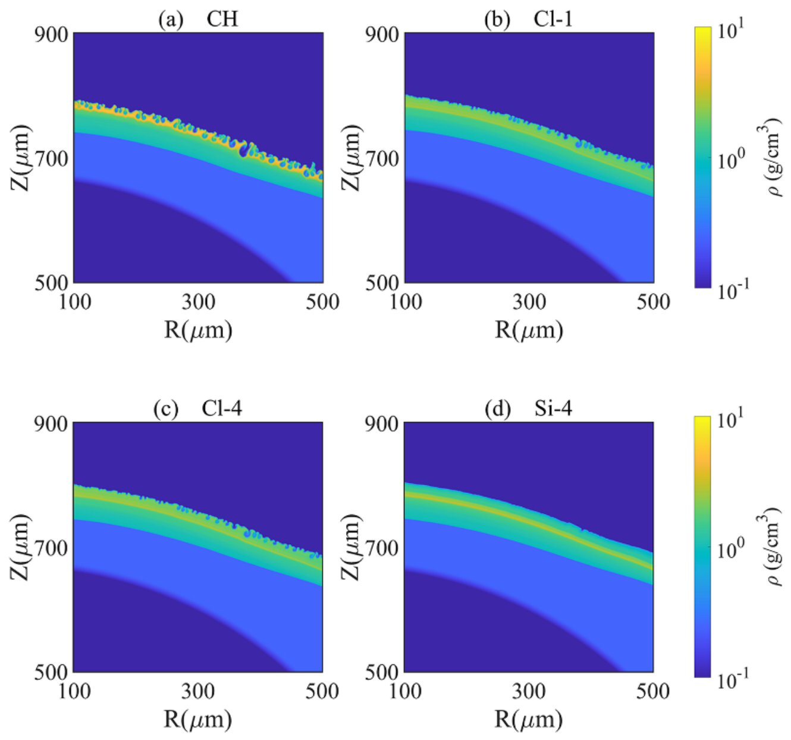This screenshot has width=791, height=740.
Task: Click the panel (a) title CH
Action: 222,19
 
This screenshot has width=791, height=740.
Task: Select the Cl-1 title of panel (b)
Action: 553,19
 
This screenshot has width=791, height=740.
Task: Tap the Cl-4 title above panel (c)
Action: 221,408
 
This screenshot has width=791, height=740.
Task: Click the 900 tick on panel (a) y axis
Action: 50,35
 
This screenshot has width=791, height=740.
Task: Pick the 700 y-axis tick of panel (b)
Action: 381,159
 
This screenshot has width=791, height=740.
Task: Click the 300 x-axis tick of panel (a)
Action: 198,302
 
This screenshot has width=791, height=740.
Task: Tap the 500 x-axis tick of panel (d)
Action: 653,691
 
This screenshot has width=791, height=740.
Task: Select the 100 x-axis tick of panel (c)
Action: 74,691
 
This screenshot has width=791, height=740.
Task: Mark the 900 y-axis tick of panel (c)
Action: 50,424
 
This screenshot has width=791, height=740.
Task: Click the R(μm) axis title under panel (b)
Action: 529,329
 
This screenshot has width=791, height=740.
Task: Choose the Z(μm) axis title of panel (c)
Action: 20,546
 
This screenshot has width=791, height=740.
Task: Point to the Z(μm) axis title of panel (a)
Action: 20,158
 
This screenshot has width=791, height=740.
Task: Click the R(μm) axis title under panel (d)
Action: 529,719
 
